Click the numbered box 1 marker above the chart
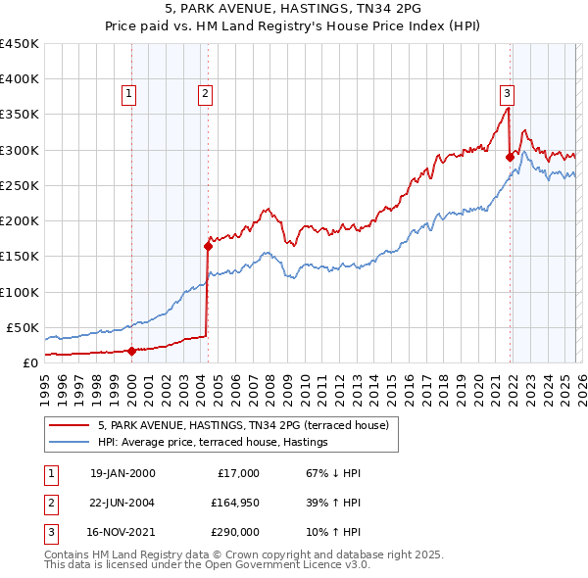click(x=129, y=94)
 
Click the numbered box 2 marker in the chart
click(x=205, y=94)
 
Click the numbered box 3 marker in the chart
click(x=507, y=94)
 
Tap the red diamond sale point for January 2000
click(x=131, y=350)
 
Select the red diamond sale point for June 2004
click(x=208, y=246)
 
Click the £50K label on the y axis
click(x=23, y=327)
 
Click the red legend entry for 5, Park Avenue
click(x=244, y=425)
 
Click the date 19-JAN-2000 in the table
click(x=122, y=473)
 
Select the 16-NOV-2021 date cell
click(x=122, y=534)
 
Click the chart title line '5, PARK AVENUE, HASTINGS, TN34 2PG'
click(x=294, y=11)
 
